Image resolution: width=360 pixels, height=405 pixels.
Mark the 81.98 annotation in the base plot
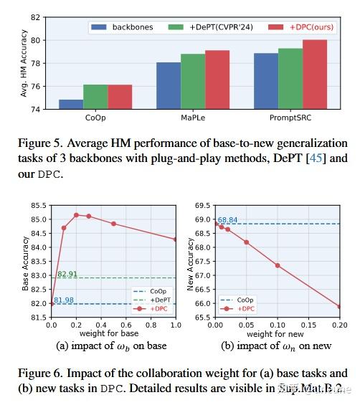(64, 300)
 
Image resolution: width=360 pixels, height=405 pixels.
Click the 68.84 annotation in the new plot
(227, 220)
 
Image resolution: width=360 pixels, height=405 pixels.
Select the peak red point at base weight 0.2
(76, 214)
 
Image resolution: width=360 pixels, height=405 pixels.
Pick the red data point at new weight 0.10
(277, 265)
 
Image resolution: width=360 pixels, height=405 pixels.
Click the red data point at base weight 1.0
(176, 239)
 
